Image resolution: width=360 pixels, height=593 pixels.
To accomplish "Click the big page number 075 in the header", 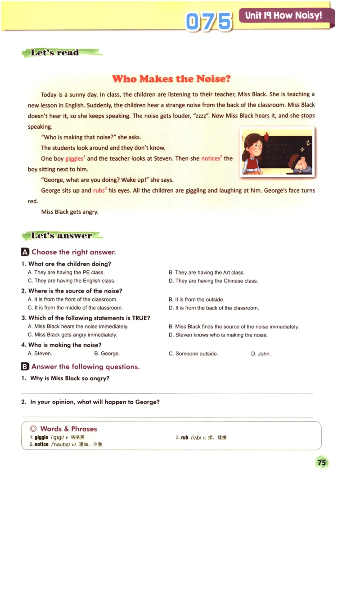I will pyautogui.click(x=209, y=21).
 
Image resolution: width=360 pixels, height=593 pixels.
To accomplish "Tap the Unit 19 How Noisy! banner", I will pyautogui.click(x=284, y=16).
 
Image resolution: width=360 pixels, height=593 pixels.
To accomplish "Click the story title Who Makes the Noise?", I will pyautogui.click(x=171, y=79).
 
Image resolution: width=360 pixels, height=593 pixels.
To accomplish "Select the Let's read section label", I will pyautogui.click(x=55, y=53).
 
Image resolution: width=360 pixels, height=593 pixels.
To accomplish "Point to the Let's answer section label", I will pyautogui.click(x=62, y=235).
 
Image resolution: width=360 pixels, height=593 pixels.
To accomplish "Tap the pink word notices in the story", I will pyautogui.click(x=211, y=159).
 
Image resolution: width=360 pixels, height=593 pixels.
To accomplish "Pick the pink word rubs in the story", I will pyautogui.click(x=99, y=191).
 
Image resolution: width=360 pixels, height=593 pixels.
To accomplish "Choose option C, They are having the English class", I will pyautogui.click(x=72, y=281).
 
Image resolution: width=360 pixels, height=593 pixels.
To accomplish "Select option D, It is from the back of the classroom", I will pyautogui.click(x=214, y=308).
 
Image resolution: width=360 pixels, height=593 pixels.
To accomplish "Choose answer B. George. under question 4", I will pyautogui.click(x=107, y=354).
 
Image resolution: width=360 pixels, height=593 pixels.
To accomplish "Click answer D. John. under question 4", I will pyautogui.click(x=261, y=354).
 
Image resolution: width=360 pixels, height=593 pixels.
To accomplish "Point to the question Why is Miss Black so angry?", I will pyautogui.click(x=70, y=378).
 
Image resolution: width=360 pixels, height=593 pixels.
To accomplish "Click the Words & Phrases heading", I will pyautogui.click(x=68, y=429).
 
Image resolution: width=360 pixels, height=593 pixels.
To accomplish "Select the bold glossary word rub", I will pyautogui.click(x=184, y=437).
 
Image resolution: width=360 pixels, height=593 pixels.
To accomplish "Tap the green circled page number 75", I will pyautogui.click(x=321, y=463).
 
